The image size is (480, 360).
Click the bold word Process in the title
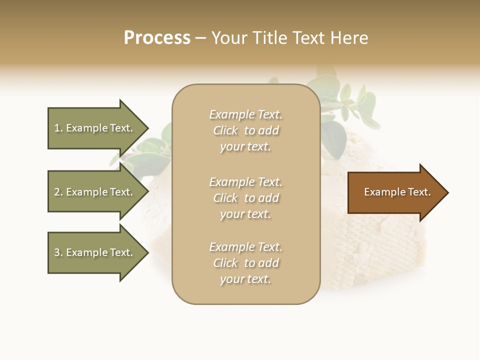157,38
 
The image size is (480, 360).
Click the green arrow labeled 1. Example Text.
95,128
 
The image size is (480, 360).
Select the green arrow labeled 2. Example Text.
95,192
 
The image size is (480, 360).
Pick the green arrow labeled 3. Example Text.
95,252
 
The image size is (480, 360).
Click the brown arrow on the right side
395,192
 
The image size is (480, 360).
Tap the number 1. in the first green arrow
58,128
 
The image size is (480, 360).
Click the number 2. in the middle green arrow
58,192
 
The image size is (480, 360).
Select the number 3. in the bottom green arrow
58,252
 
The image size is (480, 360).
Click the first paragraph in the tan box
245,130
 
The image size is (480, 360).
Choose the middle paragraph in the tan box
245,198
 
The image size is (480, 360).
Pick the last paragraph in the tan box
245,263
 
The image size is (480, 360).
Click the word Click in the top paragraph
225,130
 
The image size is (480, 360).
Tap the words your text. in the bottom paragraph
245,279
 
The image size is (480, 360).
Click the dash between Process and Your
200,38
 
